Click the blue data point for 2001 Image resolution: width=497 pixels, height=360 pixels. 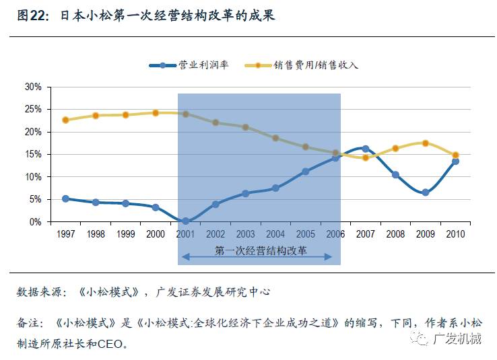(185, 221)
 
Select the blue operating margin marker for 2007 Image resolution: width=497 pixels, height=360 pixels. (365, 149)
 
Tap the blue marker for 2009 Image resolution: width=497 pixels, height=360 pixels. (425, 192)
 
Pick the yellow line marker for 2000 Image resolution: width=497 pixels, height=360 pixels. (156, 113)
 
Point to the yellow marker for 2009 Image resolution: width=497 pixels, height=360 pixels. (425, 143)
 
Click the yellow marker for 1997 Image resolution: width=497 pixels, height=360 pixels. (65, 120)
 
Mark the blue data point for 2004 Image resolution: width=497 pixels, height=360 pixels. (275, 188)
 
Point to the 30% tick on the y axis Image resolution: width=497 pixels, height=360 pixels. (33, 87)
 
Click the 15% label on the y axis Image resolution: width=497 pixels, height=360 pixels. (33, 154)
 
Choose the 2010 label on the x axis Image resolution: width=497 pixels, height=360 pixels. (455, 233)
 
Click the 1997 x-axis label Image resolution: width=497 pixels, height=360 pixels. (65, 233)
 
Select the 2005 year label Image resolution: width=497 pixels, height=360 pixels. (305, 233)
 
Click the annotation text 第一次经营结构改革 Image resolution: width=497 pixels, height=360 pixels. (261, 250)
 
